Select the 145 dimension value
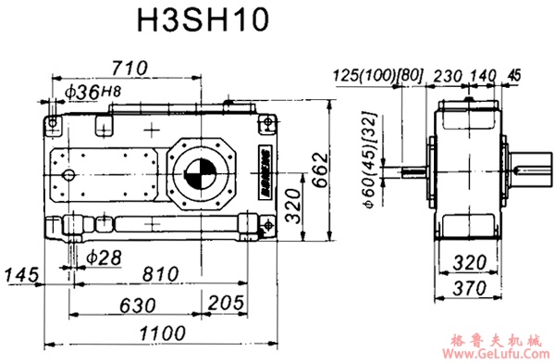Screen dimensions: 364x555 [x=21, y=274]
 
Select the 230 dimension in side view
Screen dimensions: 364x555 [x=447, y=74]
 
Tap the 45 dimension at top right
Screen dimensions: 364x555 [x=514, y=74]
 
